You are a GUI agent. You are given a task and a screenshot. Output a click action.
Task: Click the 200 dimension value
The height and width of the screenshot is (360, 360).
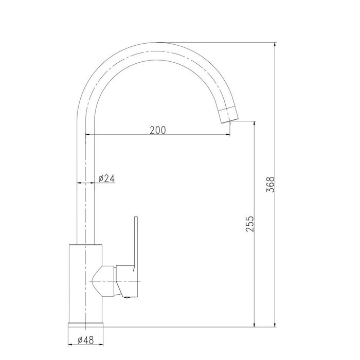click(x=158, y=130)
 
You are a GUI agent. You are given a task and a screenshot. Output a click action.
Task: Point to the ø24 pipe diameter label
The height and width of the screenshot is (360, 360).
click(x=106, y=178)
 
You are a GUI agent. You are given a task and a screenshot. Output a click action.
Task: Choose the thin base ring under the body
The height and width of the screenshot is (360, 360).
click(x=86, y=323)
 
